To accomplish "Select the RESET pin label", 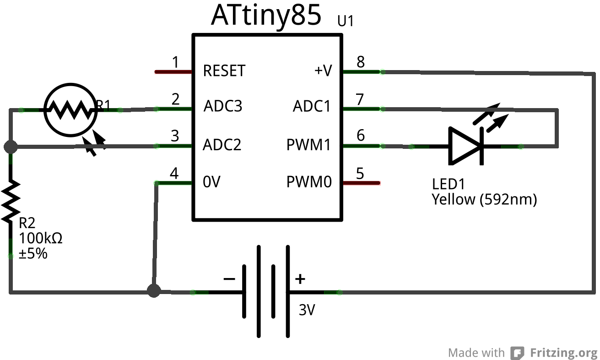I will [x=224, y=71].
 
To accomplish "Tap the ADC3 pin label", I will [x=223, y=107].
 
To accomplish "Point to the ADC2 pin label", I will [x=222, y=145].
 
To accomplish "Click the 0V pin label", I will [x=211, y=182].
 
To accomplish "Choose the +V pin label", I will [x=323, y=71].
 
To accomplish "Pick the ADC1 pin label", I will [x=311, y=107].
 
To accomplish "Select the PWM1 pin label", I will [x=308, y=145].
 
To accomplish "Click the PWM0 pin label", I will [x=309, y=182].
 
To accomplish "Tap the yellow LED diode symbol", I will [x=465, y=146].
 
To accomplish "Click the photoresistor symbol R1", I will [x=70, y=109].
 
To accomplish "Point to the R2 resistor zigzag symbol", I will [x=11, y=201].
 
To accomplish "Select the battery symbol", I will [x=266, y=292].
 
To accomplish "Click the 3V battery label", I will [x=307, y=311].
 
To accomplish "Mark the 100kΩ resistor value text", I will [x=40, y=239].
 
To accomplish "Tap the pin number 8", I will [x=361, y=62].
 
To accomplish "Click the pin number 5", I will [x=360, y=174].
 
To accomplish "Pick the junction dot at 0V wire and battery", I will [x=154, y=291].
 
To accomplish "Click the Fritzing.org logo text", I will [x=563, y=353].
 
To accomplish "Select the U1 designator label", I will [x=346, y=22].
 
